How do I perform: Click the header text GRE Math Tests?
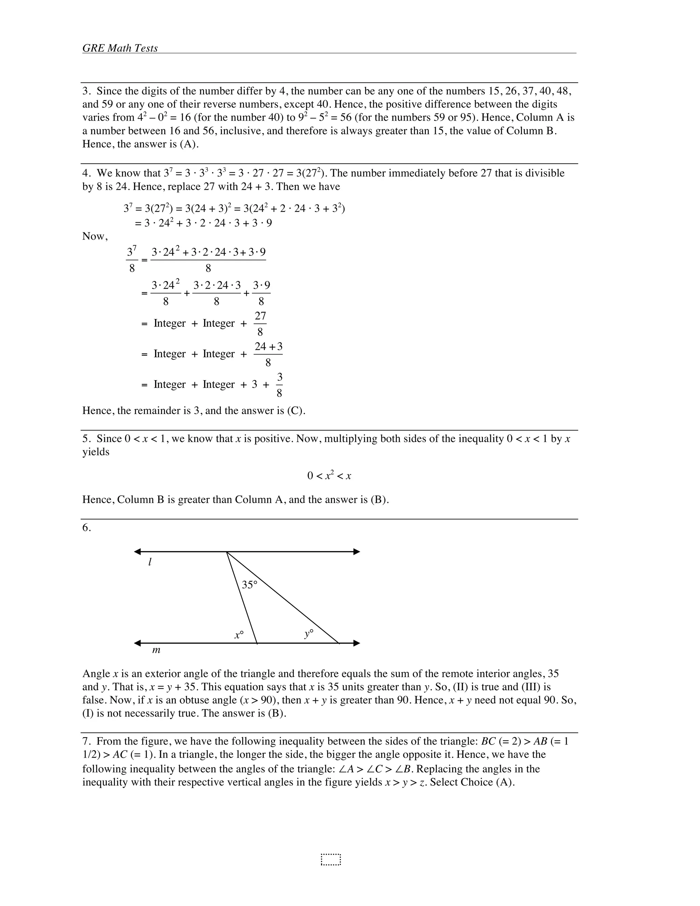pos(120,49)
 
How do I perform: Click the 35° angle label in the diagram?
pos(249,585)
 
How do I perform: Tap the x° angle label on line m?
pos(239,635)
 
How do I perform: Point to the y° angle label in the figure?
pos(309,634)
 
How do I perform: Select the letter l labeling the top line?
pos(150,562)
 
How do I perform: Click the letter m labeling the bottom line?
pos(156,650)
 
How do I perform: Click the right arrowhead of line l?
pos(356,552)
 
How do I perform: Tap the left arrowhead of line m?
pos(138,643)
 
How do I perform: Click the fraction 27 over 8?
pos(260,323)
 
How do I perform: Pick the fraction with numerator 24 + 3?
pos(268,354)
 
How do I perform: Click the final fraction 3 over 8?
pos(280,385)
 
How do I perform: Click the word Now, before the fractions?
pos(95,237)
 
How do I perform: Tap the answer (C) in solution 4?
pos(296,411)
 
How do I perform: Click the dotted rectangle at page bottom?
pos(331,860)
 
